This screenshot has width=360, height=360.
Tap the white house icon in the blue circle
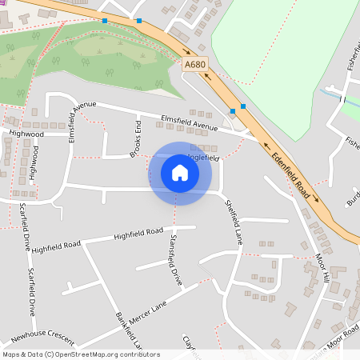(180, 173)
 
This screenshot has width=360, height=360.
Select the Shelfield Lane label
(233, 222)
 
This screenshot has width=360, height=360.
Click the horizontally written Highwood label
(26, 134)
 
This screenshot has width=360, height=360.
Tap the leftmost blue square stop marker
(105, 21)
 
